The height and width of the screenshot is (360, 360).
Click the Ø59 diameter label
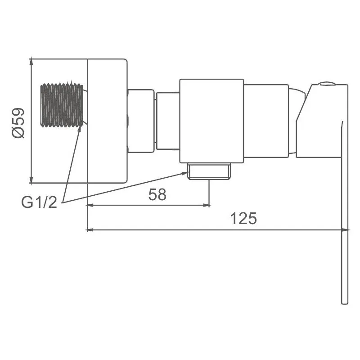point(18,122)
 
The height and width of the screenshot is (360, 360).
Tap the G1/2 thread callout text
point(39,202)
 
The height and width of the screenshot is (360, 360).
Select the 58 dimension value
point(157,194)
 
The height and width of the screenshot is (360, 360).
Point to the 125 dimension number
point(243,218)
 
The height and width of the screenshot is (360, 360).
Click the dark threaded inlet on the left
point(62,105)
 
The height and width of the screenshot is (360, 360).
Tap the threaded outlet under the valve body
point(209,171)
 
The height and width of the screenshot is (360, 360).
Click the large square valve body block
point(211,121)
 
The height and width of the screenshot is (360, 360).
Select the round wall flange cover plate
point(107,121)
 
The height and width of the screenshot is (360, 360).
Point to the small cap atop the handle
point(326,84)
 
